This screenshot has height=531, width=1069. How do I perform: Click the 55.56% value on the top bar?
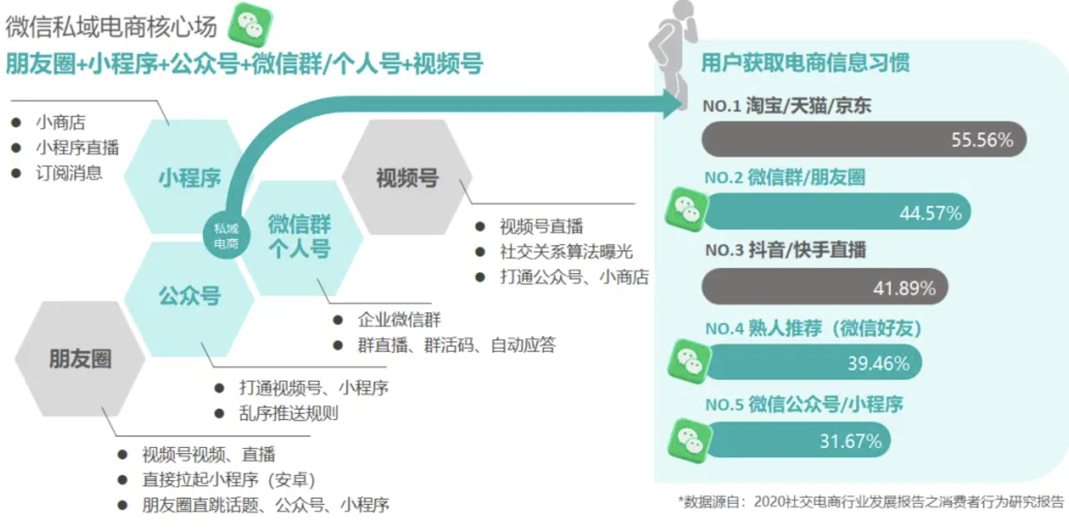[982, 140]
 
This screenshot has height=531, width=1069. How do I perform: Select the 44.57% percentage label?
[930, 213]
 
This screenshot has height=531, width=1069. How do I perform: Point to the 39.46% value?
[878, 363]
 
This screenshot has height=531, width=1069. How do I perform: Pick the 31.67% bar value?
[850, 441]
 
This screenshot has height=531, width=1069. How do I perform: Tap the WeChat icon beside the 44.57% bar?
[686, 210]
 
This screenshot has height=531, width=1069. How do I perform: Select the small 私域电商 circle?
[226, 236]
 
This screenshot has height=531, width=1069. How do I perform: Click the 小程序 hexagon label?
[190, 178]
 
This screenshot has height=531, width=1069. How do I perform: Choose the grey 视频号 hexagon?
[407, 178]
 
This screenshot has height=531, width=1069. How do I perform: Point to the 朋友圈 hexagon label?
[80, 359]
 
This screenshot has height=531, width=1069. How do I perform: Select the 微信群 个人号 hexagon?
[300, 237]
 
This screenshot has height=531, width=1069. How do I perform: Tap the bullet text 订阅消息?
[69, 173]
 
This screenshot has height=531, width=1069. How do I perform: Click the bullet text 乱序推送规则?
[288, 413]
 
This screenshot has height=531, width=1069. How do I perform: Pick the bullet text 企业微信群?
[399, 319]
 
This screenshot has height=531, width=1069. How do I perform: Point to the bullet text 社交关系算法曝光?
[566, 252]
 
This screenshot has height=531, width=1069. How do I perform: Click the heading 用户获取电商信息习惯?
[805, 63]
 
